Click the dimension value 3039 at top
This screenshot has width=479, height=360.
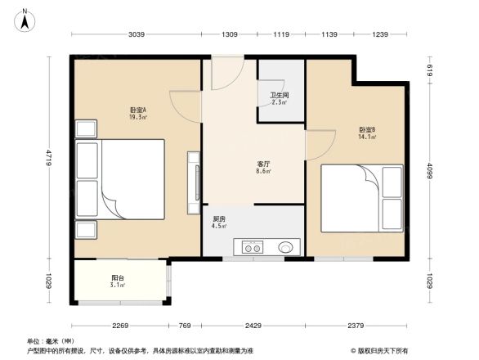pyautogui.click(x=137, y=34)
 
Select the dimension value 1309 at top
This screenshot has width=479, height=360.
pyautogui.click(x=230, y=34)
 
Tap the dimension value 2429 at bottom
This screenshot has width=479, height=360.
pyautogui.click(x=253, y=326)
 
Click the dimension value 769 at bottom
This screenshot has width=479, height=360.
pyautogui.click(x=185, y=326)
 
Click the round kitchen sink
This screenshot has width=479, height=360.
pyautogui.click(x=286, y=246)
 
